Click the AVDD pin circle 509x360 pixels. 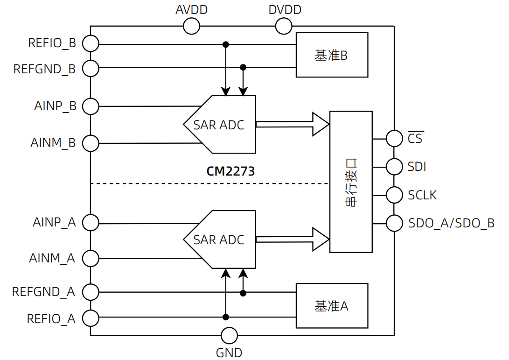pyautogui.click(x=191, y=26)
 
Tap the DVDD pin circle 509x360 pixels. pyautogui.click(x=284, y=26)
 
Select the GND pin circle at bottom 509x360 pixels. pyautogui.click(x=229, y=335)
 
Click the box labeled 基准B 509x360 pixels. pyautogui.click(x=332, y=55)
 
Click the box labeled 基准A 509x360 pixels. pyautogui.click(x=332, y=306)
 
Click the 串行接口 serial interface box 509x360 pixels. pyautogui.click(x=351, y=182)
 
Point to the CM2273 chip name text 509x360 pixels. pyautogui.click(x=230, y=171)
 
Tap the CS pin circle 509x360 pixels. pyautogui.click(x=394, y=138)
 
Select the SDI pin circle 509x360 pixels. pyautogui.click(x=394, y=167)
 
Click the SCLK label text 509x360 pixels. pyautogui.click(x=422, y=195)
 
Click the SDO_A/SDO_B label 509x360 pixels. pyautogui.click(x=451, y=223)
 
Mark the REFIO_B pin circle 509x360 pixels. pyautogui.click(x=91, y=44)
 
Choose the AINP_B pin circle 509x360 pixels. pyautogui.click(x=91, y=106)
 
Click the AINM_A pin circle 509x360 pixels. pyautogui.click(x=91, y=258)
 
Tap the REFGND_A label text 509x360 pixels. pyautogui.click(x=43, y=292)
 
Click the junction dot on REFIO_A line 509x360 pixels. pyautogui.click(x=225, y=318)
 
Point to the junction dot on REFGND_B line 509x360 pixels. pyautogui.click(x=243, y=67)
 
